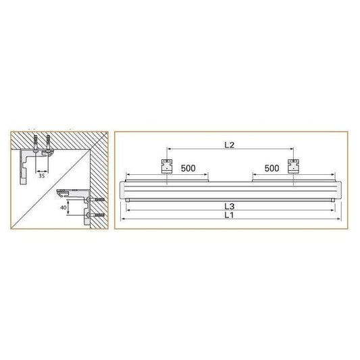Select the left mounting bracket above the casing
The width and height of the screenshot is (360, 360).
pos(166,166)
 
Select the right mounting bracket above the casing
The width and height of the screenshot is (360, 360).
pos(293,166)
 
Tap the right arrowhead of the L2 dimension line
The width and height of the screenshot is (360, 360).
pos(292,149)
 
